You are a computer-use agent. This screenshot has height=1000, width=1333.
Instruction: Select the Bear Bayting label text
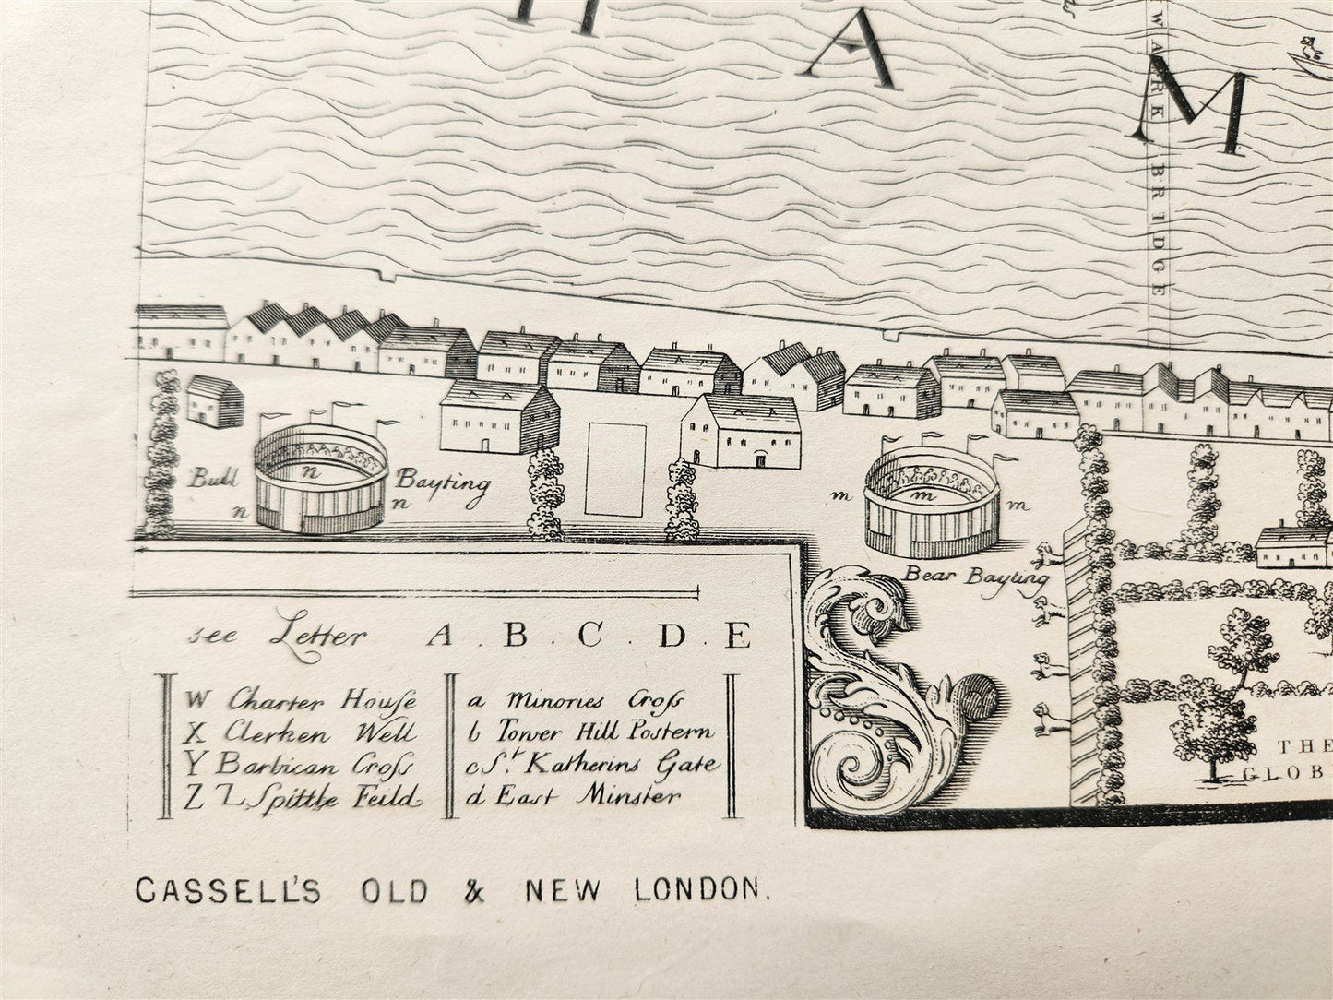point(976,577)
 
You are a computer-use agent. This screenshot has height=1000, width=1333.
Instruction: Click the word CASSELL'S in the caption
point(228,890)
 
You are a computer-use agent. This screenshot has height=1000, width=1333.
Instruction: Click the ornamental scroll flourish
point(876,692)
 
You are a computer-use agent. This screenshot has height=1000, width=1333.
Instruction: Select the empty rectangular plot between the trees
point(615,469)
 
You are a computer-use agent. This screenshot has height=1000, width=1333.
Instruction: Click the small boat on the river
point(1308,59)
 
